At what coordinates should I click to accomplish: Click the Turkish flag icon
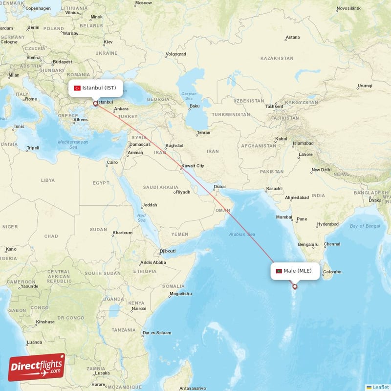77,88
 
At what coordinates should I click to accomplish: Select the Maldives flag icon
279,271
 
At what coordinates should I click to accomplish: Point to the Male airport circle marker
295,286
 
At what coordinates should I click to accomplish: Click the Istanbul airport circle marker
95,104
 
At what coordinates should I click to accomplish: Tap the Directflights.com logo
37,367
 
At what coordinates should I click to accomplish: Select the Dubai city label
219,186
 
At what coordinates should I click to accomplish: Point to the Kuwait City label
193,166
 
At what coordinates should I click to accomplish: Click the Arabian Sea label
242,235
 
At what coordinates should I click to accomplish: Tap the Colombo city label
332,272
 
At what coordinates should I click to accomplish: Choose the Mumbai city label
283,217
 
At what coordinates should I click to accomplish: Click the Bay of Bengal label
365,226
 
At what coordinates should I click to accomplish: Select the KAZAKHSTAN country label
277,58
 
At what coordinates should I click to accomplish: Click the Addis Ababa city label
153,262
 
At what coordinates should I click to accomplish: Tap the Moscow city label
143,2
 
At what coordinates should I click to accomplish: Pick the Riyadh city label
183,192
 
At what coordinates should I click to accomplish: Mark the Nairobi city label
139,308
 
